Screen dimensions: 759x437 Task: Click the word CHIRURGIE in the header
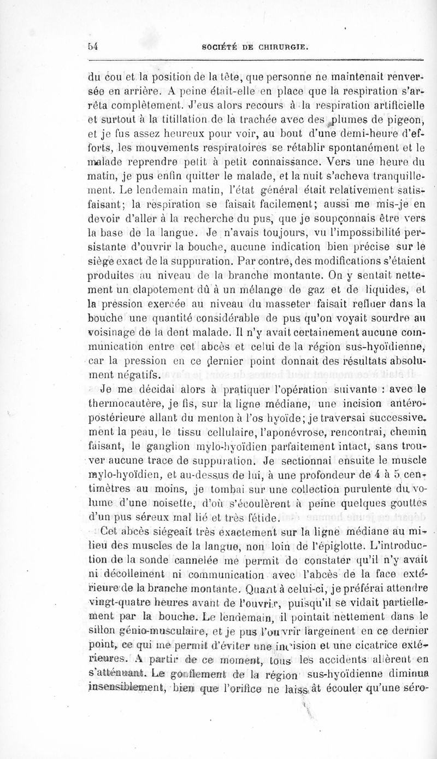pyautogui.click(x=282, y=47)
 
